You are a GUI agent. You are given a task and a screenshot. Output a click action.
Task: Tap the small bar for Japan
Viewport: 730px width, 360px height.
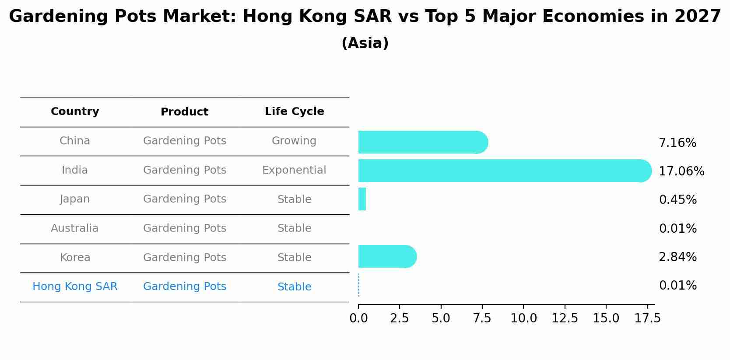[x=362, y=199]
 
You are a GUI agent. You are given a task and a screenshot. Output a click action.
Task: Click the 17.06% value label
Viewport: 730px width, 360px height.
[x=681, y=171]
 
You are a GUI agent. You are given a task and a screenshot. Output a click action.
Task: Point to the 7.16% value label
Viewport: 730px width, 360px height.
[x=677, y=143]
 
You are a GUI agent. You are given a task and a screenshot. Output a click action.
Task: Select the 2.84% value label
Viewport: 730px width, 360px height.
[x=677, y=257]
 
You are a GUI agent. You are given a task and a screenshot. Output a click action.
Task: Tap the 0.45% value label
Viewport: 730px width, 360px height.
[x=677, y=199]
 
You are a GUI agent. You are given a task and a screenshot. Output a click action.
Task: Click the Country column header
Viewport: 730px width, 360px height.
[x=75, y=112]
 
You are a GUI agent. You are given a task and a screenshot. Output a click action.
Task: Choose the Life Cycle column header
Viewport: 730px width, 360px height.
[x=294, y=112]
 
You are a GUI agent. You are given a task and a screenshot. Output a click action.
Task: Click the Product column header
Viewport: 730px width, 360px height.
[x=184, y=112]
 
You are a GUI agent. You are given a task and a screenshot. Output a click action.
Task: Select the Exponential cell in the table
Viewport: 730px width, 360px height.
[x=294, y=170]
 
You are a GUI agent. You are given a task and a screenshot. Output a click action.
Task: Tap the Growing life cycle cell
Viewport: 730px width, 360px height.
[x=294, y=141]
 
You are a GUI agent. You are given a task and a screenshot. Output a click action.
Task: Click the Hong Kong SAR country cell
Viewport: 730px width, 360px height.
[x=75, y=287]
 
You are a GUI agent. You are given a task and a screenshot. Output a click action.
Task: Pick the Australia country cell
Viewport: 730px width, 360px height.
[x=75, y=228]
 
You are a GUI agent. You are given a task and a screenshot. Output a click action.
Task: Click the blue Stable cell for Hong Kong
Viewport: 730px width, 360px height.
[x=294, y=287]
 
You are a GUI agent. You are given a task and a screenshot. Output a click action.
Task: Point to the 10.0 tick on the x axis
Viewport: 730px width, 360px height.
[x=523, y=318]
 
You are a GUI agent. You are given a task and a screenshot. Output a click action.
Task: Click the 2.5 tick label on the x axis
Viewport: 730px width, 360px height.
[x=399, y=318]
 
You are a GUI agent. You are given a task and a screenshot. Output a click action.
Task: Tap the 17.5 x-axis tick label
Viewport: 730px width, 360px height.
[x=647, y=318]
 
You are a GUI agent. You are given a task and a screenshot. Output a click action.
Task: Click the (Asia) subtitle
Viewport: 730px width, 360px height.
[x=365, y=43]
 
